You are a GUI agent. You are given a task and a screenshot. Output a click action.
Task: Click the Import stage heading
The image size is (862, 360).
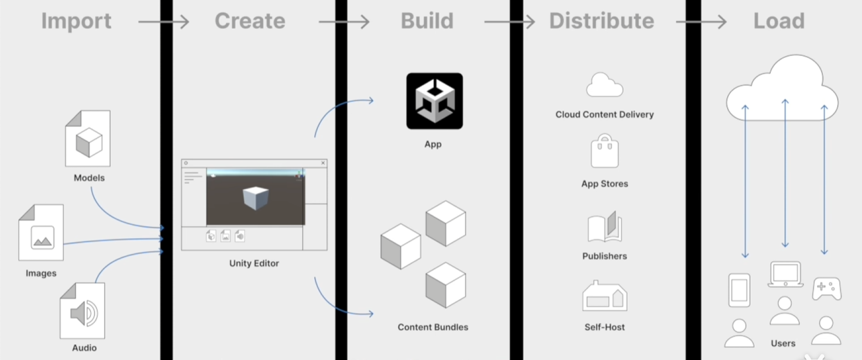tap(76, 22)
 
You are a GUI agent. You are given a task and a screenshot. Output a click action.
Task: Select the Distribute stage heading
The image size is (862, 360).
tap(601, 22)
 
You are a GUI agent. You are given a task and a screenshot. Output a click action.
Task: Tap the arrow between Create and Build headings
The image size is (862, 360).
tap(344, 22)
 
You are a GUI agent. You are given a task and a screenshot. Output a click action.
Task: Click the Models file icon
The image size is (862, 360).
tap(88, 139)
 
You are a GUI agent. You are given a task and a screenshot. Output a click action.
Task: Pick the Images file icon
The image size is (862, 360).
tap(41, 232)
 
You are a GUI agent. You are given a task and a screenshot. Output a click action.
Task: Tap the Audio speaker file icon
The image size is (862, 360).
tap(83, 311)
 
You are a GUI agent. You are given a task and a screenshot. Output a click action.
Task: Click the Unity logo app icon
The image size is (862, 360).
tap(434, 101)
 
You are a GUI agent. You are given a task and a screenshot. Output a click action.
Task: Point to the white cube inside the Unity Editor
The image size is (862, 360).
tap(256, 198)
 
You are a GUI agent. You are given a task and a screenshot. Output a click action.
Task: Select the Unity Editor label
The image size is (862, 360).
tap(254, 263)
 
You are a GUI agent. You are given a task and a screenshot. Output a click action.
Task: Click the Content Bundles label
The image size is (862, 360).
tap(432, 327)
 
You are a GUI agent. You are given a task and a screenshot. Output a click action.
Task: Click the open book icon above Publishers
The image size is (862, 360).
tap(604, 227)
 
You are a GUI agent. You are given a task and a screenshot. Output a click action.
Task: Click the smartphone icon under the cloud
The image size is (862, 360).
tap(739, 290)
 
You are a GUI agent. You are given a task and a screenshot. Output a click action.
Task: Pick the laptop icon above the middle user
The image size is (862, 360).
tap(785, 275)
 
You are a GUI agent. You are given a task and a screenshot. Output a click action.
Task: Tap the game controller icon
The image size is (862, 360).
tap(826, 288)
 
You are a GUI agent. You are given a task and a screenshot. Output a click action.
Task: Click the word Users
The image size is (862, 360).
tap(783, 344)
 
